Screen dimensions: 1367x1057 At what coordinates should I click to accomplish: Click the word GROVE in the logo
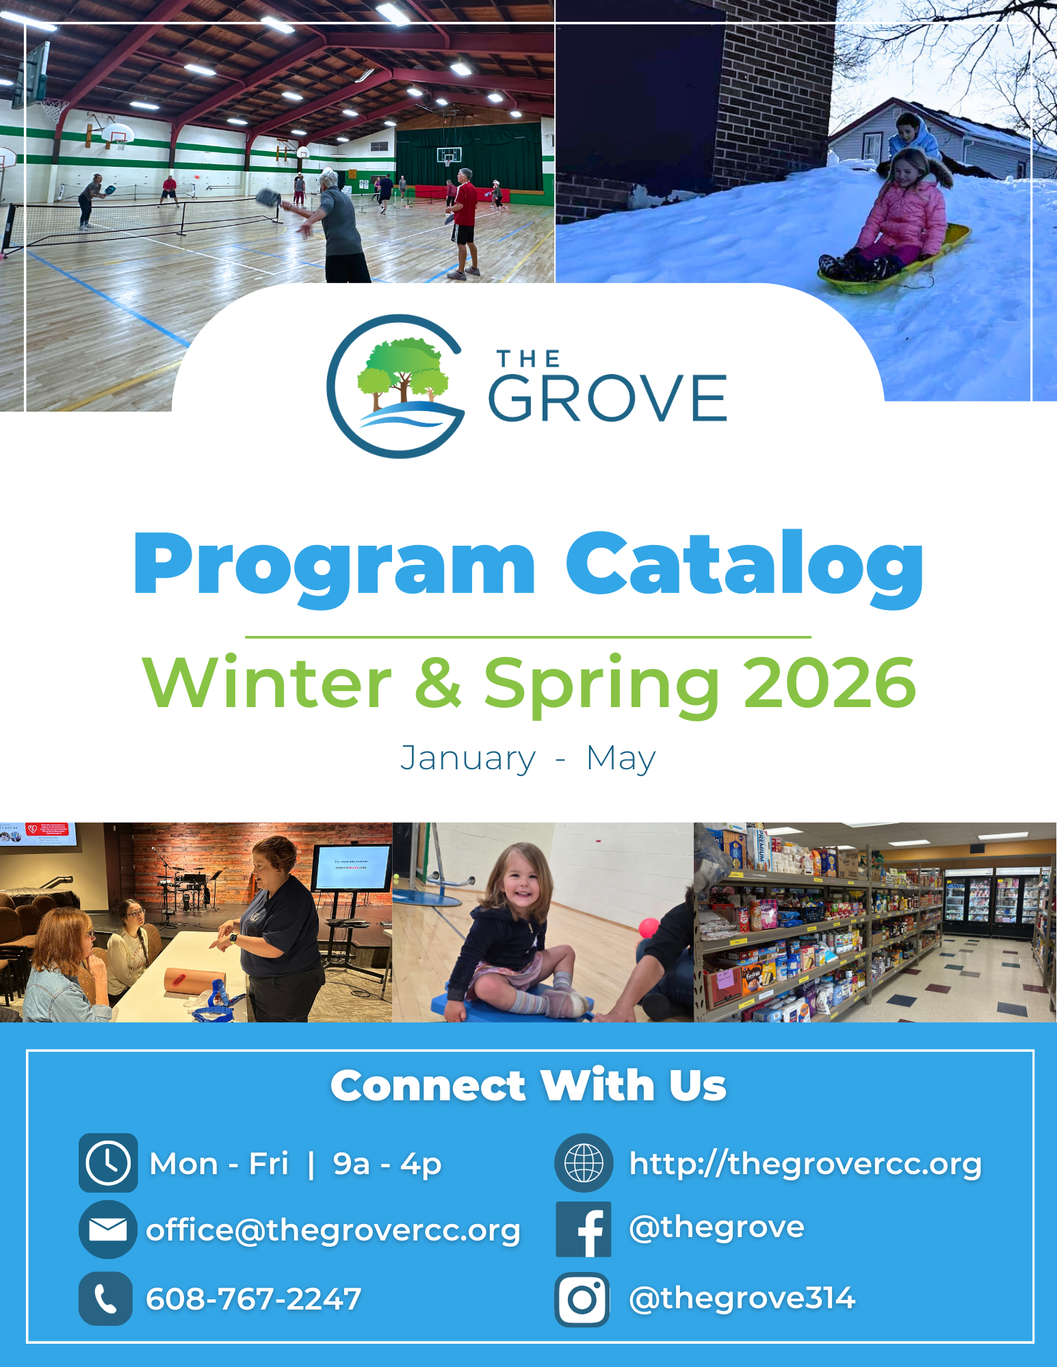(x=608, y=399)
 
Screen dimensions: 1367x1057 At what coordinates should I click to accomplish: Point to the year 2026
(x=829, y=682)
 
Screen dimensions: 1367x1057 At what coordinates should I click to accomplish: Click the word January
(x=468, y=758)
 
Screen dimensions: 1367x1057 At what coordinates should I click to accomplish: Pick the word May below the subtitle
(x=621, y=758)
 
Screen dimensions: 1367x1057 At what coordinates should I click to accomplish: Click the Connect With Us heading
(x=528, y=1085)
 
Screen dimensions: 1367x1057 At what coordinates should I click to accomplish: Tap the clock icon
(x=108, y=1163)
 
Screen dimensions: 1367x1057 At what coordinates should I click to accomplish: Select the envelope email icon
(x=108, y=1230)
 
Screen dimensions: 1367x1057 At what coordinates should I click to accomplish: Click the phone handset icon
(x=106, y=1299)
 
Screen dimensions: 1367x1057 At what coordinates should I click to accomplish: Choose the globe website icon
(x=584, y=1163)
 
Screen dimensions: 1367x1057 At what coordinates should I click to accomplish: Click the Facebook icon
(x=584, y=1230)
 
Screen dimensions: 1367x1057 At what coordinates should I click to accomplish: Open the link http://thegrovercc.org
(x=805, y=1163)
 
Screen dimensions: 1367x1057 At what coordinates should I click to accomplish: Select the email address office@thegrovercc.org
(x=333, y=1230)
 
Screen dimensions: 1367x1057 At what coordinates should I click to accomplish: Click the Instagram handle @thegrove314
(x=742, y=1298)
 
